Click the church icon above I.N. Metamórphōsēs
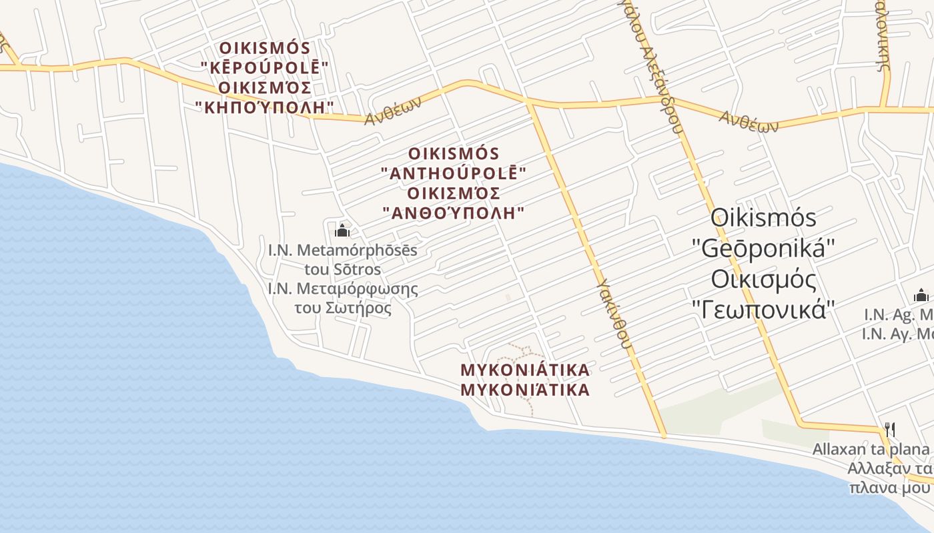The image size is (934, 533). click(342, 231)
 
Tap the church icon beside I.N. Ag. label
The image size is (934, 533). click(921, 296)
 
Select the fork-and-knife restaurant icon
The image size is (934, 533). click(889, 429)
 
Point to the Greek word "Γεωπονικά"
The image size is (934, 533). click(764, 309)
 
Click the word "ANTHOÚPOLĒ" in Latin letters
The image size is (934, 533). click(454, 173)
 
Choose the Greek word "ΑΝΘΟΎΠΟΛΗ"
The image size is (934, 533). click(454, 213)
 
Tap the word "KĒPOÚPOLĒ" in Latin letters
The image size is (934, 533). click(266, 68)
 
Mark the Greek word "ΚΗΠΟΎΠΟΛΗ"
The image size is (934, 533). click(266, 107)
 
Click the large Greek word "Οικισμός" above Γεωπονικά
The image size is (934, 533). click(764, 279)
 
